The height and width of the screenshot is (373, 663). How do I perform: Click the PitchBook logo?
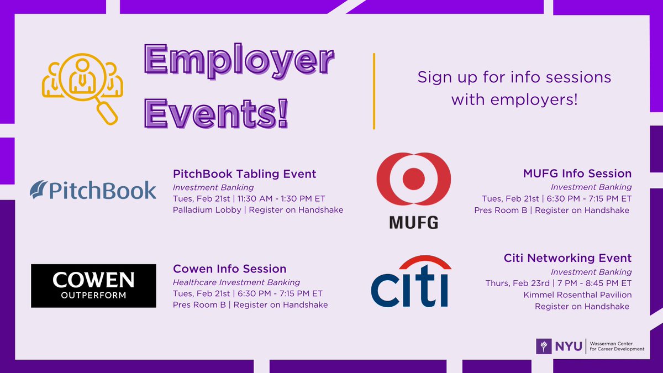tap(93, 190)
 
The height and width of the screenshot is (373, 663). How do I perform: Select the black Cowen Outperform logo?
tap(93, 286)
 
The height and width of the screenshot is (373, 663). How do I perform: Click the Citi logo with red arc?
tap(411, 281)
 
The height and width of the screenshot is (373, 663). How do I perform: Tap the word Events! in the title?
tap(216, 113)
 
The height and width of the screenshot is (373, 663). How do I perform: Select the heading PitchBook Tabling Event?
tap(244, 174)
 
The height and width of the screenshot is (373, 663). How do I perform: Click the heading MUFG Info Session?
tap(577, 174)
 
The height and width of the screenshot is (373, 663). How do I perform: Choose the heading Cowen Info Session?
tap(229, 269)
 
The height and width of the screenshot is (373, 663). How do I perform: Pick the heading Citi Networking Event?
tap(567, 258)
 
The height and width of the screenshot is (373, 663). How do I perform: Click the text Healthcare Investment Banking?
tap(236, 282)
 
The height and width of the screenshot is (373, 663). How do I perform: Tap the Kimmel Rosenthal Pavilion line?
tap(577, 295)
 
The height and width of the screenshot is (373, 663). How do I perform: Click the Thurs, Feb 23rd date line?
tap(558, 283)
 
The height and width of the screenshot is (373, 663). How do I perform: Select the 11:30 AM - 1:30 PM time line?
tap(258, 198)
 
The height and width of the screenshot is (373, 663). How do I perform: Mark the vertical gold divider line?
tap(375, 91)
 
